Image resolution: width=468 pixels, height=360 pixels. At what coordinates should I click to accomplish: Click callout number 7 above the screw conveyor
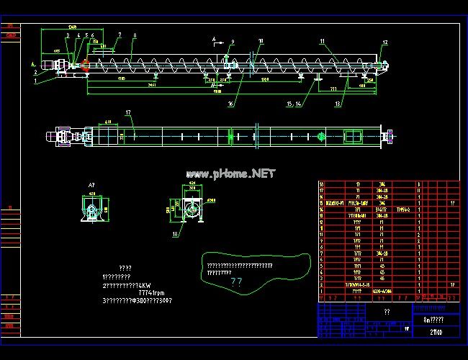(120, 35)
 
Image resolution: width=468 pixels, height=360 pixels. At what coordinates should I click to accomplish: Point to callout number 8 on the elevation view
(135, 35)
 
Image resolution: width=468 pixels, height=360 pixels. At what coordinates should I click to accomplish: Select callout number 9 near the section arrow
(233, 42)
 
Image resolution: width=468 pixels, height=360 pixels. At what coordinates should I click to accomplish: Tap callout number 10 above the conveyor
(261, 41)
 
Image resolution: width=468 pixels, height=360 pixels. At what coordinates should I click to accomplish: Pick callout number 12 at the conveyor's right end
(384, 42)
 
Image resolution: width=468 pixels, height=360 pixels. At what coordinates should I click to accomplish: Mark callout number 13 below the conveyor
(338, 104)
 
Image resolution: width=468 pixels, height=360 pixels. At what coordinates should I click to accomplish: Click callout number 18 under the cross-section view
(175, 234)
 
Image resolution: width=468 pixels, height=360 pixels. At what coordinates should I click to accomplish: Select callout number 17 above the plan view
(127, 113)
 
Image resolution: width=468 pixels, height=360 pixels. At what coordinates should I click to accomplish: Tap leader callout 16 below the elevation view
(231, 104)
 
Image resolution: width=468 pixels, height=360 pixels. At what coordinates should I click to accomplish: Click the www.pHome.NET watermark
(230, 174)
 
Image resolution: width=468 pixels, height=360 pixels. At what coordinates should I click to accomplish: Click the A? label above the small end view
(91, 186)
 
